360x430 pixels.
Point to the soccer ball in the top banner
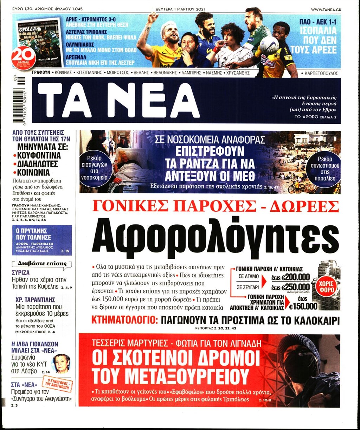269,45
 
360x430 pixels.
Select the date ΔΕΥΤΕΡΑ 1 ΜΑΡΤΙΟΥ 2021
180,9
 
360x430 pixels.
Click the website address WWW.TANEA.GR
326,9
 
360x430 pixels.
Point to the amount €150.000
303,306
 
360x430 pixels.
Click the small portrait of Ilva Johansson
62,363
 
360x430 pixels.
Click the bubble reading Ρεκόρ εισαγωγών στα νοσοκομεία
93,169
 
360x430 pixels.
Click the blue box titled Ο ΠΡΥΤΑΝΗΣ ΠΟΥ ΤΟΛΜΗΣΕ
42,240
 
